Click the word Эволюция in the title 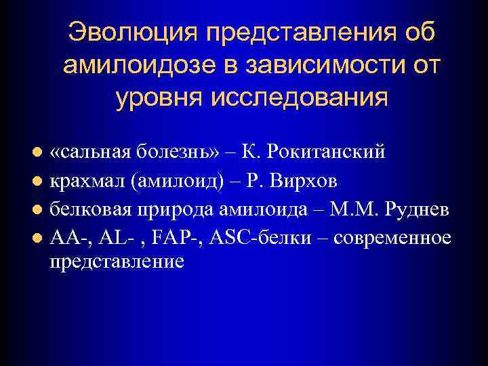pos(129,34)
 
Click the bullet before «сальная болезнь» pos(39,152)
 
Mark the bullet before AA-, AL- pos(39,238)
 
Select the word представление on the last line pos(117,262)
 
